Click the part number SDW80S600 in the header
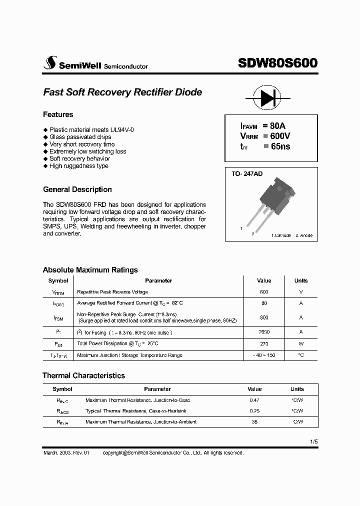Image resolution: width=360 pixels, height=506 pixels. pos(277,63)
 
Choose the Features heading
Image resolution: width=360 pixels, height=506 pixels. pos(58,114)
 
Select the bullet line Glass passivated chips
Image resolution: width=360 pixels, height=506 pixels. pos(80,137)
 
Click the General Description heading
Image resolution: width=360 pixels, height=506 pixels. pos(77,189)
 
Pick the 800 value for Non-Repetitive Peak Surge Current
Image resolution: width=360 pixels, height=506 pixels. pos(264,317)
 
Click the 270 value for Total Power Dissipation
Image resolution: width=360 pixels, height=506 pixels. pos(264,344)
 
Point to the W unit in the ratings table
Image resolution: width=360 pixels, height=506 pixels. pos(301,344)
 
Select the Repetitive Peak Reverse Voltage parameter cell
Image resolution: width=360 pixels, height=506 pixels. pos(112,292)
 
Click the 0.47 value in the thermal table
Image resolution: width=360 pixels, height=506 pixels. pos(254,400)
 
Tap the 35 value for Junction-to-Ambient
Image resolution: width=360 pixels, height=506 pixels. pos(254,422)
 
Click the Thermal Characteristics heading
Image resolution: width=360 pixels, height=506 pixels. pos(83,375)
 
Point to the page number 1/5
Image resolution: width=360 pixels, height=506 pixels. pos(313,442)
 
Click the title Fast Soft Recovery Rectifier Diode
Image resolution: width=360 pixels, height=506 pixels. pos(122,92)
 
